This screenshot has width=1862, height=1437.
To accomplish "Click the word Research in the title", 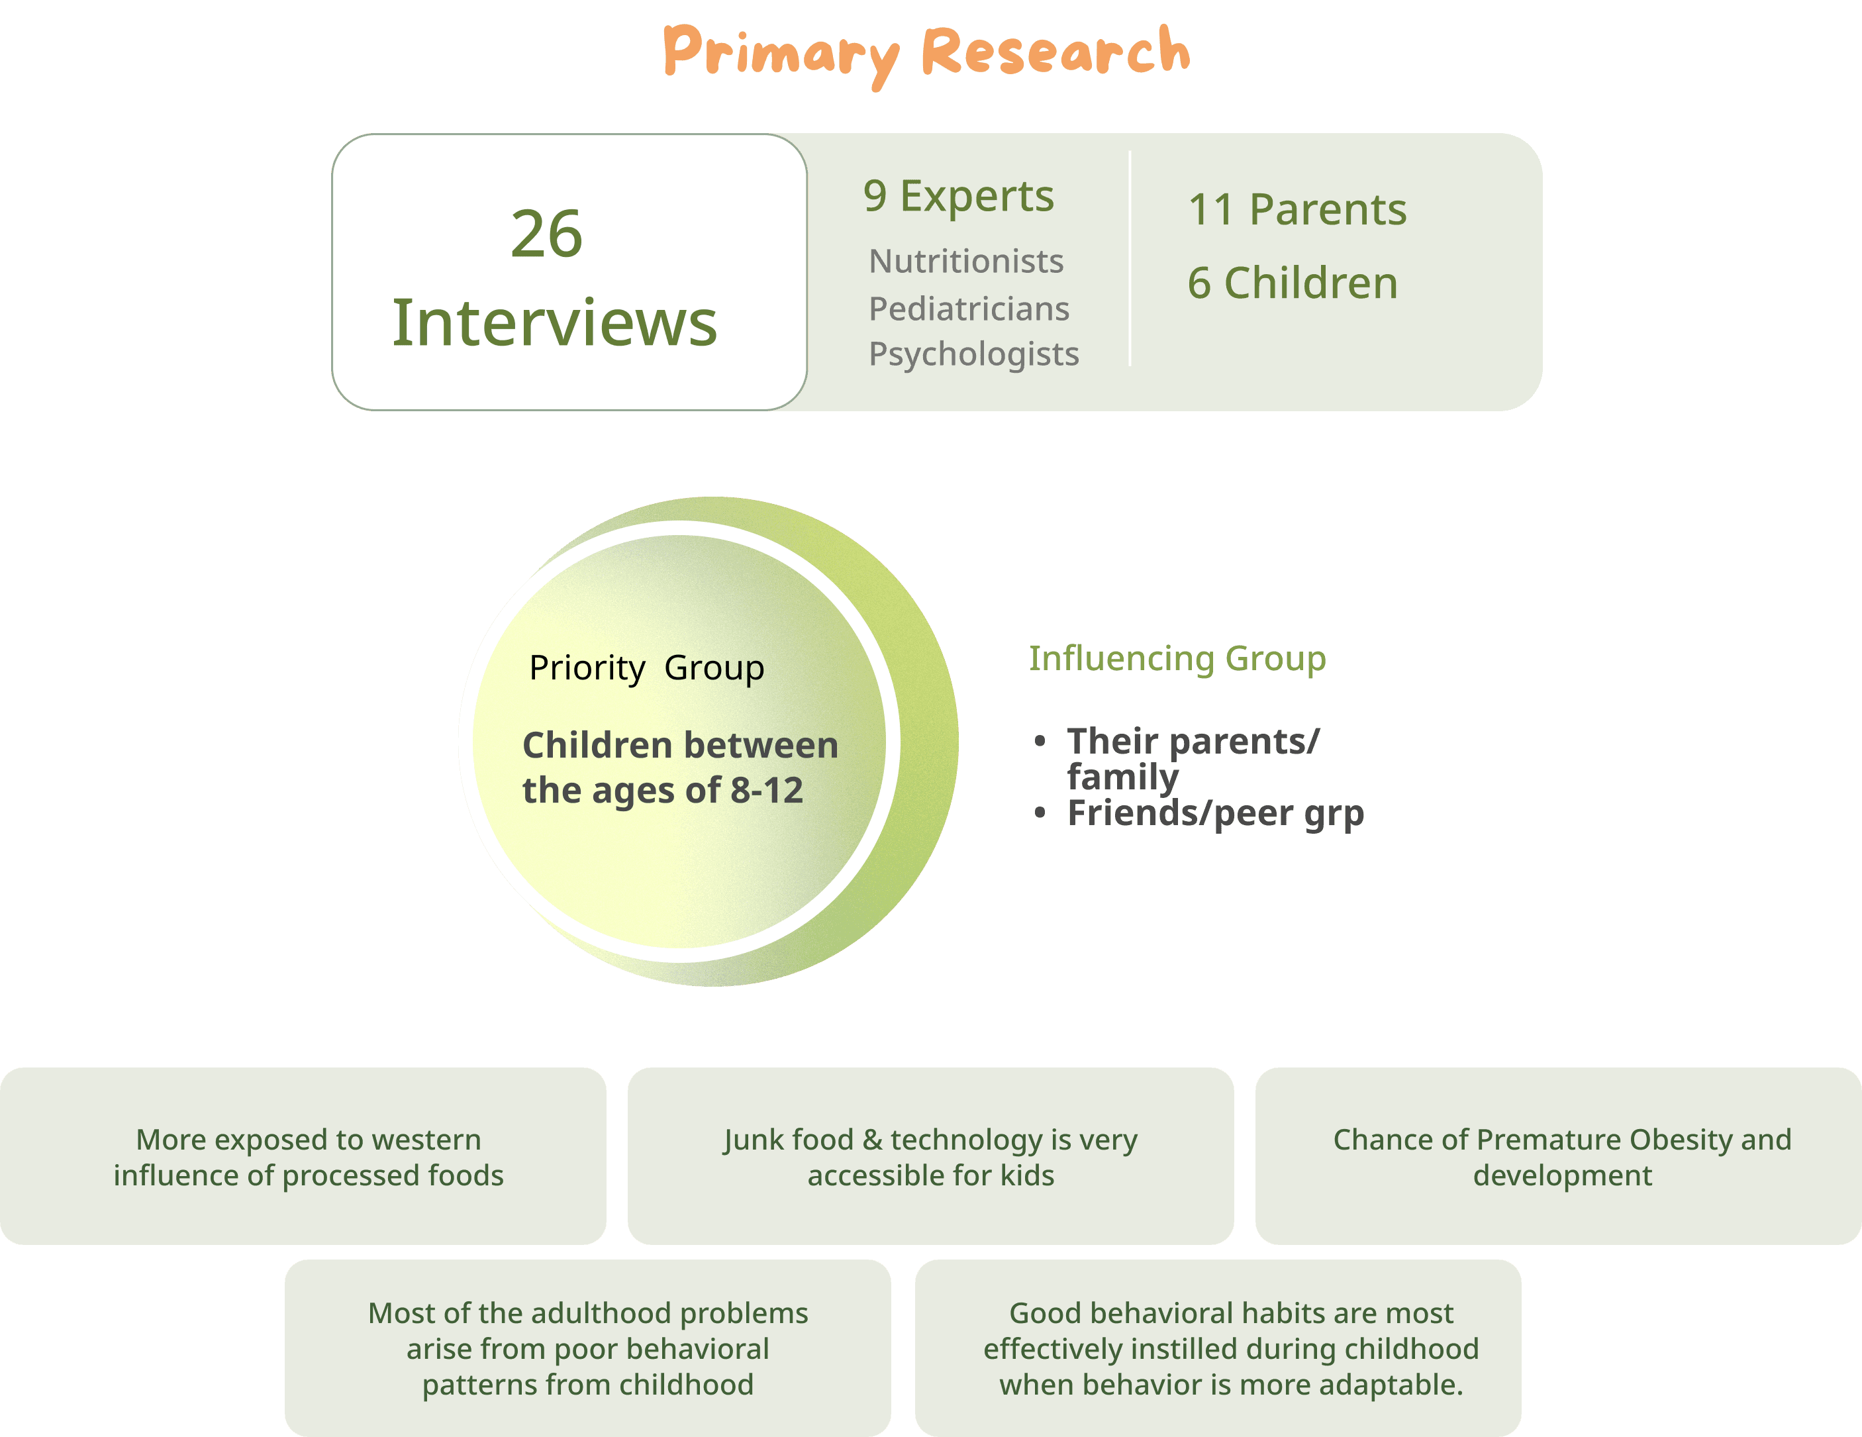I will coord(1055,51).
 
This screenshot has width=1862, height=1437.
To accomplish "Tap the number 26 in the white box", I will coord(546,234).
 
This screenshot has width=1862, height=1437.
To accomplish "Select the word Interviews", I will coord(554,323).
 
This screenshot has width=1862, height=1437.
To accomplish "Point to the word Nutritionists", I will coord(966,262).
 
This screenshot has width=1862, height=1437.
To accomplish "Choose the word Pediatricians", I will coord(969,309).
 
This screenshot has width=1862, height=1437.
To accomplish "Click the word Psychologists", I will coord(973,354).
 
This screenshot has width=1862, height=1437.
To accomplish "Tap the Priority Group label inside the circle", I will coord(646,668).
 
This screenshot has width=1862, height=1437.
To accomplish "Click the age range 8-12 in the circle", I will coord(767,791).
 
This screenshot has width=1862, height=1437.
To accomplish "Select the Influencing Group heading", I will coord(1177,658).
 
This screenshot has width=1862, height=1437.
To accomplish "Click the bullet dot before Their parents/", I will coord(1040,741).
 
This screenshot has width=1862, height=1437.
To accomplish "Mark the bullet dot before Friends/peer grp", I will coord(1040,813).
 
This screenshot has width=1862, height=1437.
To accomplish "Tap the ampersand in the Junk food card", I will coord(872,1140).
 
